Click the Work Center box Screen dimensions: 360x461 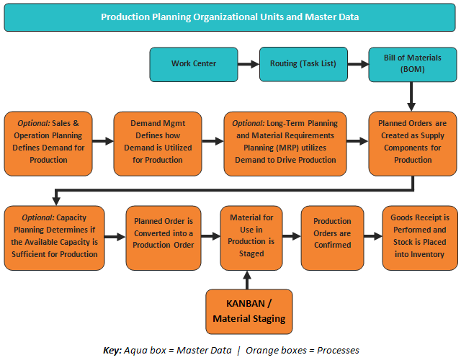194,64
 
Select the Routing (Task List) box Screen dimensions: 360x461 303,64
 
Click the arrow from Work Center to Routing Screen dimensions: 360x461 249,64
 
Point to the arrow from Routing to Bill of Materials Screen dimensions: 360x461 357,64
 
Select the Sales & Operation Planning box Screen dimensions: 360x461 49,143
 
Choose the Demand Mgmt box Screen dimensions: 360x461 158,143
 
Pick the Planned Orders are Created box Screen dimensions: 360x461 413,143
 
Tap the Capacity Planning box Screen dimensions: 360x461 54,238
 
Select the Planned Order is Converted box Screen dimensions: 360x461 163,238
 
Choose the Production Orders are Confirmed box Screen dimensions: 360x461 332,238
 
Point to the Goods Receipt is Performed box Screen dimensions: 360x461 419,238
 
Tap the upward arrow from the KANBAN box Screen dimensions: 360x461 247,279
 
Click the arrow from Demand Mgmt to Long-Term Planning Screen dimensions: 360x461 213,143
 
